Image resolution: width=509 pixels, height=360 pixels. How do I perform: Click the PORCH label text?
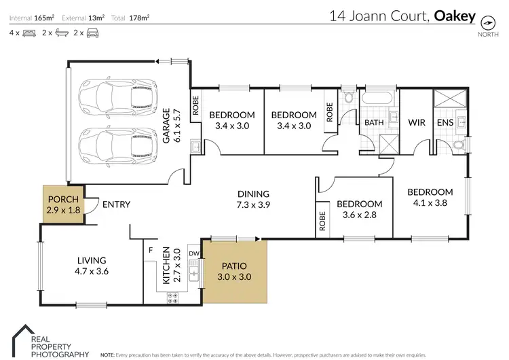(63, 199)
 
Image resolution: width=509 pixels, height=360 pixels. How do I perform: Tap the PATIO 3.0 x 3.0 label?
(234, 271)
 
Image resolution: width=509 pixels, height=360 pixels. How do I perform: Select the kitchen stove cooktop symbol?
(172, 298)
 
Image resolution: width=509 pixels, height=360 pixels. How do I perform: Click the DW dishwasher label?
(194, 254)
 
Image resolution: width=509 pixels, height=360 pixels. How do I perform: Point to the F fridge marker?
(151, 250)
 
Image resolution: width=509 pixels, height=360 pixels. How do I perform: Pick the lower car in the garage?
(118, 147)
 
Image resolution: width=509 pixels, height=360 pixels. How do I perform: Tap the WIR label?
(417, 122)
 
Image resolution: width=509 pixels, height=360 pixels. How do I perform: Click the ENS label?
(445, 122)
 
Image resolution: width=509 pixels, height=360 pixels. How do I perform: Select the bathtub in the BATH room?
(377, 98)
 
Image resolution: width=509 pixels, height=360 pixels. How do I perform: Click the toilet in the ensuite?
(459, 144)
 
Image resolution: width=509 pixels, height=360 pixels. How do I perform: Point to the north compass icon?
(488, 23)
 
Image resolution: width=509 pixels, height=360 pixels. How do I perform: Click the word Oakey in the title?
(455, 16)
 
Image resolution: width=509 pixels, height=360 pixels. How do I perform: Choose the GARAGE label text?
(166, 126)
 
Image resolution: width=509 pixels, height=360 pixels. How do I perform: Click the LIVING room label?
(92, 260)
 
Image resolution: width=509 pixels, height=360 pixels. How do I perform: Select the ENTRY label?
(116, 204)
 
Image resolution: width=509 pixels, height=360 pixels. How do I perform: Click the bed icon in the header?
(29, 33)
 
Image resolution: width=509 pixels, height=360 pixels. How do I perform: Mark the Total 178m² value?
(139, 18)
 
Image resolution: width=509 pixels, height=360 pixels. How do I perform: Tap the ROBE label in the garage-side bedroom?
(195, 105)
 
